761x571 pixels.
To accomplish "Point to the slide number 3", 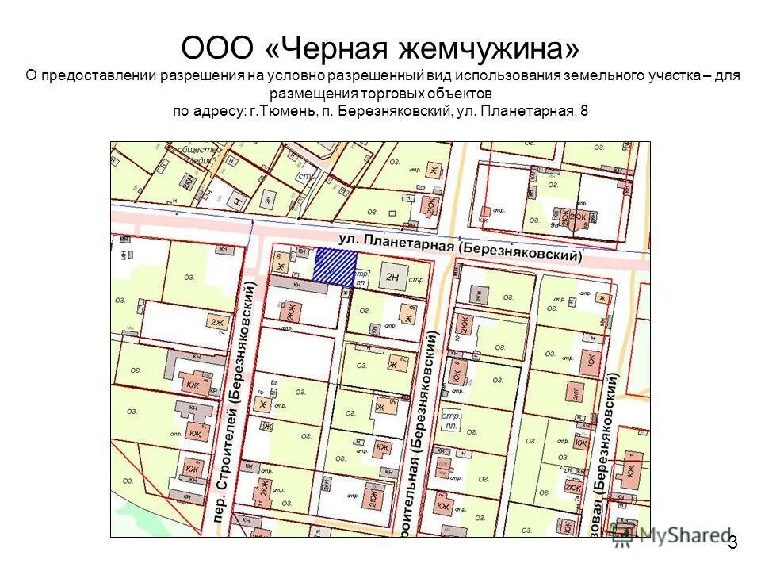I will [x=732, y=542].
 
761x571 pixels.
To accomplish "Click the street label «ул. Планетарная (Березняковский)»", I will [x=460, y=247].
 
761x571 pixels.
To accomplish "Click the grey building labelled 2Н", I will [x=393, y=277].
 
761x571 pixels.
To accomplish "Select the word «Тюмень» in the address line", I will [x=287, y=111].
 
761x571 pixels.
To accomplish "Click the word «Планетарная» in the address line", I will [x=526, y=111].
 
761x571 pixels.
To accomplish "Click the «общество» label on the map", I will [x=197, y=148].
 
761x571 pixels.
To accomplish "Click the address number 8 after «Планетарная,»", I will [x=584, y=111].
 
